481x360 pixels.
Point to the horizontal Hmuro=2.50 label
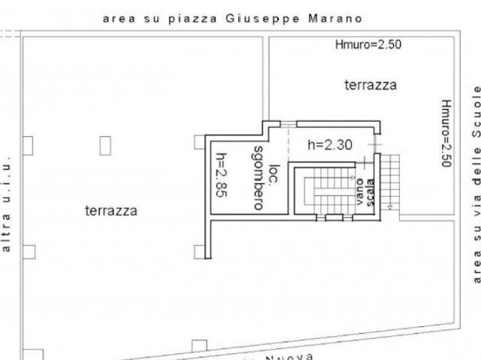368,45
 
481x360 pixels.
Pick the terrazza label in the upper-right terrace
371,85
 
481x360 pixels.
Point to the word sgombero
258,177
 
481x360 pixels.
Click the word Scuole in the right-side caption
476,109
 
